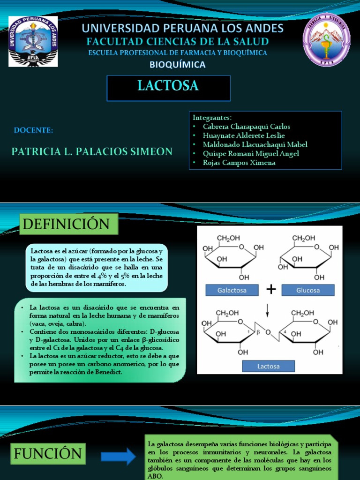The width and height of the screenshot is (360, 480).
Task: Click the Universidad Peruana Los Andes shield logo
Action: point(33,41)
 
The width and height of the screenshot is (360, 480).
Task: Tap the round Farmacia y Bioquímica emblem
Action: point(326,40)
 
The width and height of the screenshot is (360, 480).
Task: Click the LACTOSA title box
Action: point(168,87)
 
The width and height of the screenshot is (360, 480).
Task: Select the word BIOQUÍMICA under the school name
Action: point(178,64)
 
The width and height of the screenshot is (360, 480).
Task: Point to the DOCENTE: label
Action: point(33,130)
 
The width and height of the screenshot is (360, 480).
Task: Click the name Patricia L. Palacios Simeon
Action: point(92,151)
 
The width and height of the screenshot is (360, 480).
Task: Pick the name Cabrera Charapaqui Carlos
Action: point(246,127)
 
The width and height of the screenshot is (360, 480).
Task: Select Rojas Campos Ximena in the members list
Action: point(239,163)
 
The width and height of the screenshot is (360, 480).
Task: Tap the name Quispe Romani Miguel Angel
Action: point(251,154)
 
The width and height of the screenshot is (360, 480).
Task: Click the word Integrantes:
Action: point(212,117)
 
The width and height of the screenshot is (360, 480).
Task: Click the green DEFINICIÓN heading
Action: point(68,224)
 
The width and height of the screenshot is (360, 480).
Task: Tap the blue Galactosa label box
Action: point(232,290)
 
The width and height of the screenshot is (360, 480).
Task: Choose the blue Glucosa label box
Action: point(308,290)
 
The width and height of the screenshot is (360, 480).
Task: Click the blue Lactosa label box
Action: point(269,366)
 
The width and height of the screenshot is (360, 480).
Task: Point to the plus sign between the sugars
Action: point(270,290)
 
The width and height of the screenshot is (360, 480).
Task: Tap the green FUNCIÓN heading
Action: point(48,454)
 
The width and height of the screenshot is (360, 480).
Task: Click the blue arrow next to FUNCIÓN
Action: point(118,456)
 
